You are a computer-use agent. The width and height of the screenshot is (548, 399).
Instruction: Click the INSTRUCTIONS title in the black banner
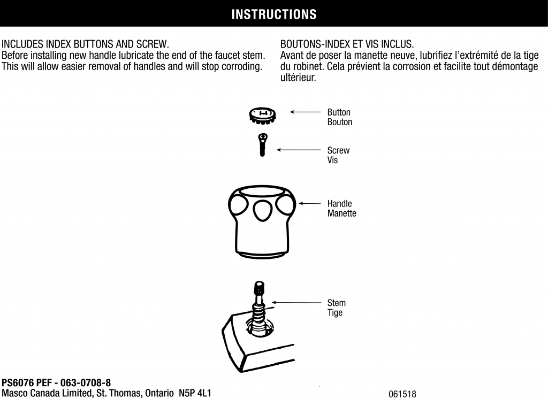[x=274, y=14]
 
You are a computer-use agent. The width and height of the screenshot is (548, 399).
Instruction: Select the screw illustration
[x=262, y=144]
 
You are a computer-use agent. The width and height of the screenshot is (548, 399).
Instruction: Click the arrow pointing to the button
[x=305, y=112]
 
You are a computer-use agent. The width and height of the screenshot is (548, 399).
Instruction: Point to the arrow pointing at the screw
[x=299, y=150]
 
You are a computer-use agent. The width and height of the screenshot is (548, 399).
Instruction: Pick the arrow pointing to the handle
[x=310, y=203]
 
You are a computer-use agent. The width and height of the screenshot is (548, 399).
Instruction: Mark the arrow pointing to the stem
[x=296, y=303]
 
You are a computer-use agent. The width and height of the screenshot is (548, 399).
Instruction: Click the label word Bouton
[x=340, y=122]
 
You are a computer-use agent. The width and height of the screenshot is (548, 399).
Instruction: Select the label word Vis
[x=333, y=160]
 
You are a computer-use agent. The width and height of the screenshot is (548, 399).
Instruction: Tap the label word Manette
[x=342, y=213]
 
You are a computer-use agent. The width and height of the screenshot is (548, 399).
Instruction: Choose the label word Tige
[x=335, y=313]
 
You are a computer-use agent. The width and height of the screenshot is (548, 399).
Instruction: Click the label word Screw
[x=338, y=151]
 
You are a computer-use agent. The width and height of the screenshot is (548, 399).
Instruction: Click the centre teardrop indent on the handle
[x=262, y=210]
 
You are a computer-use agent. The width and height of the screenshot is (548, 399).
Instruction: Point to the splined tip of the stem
[x=259, y=288]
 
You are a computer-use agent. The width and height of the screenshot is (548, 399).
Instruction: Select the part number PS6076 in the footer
[x=18, y=383]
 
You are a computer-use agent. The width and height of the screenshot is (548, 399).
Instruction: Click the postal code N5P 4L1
[x=195, y=394]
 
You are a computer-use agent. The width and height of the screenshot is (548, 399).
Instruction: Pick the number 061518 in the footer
[x=402, y=395]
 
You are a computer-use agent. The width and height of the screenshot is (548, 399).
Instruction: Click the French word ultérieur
[x=298, y=78]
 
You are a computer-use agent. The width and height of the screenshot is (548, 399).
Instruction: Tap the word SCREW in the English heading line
[x=153, y=44]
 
